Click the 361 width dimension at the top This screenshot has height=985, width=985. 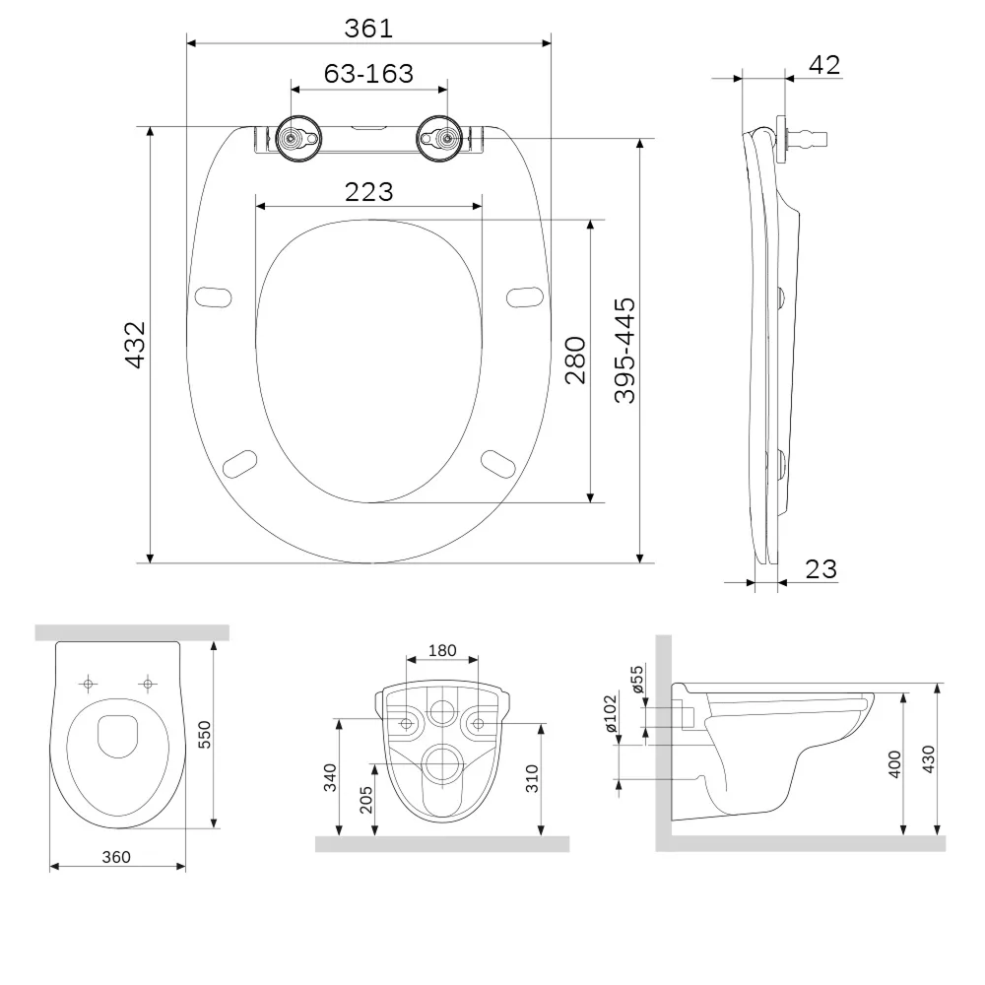(x=368, y=29)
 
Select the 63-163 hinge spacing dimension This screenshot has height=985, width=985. (x=368, y=74)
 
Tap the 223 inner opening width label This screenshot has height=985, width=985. (x=368, y=192)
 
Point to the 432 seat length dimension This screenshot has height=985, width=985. (x=136, y=345)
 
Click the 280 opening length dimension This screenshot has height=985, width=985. (x=575, y=360)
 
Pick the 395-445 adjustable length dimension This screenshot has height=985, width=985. (x=625, y=351)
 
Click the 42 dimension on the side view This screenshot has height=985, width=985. (x=824, y=65)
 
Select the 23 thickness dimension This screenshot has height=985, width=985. (x=821, y=569)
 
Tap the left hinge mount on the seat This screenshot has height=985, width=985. (x=299, y=139)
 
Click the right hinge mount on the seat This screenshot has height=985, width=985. (x=439, y=139)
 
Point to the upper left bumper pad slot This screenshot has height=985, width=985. (x=214, y=297)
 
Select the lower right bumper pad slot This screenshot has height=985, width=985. (x=498, y=464)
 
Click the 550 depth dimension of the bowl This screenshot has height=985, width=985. (x=205, y=735)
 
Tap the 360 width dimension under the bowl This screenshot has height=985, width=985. (x=116, y=857)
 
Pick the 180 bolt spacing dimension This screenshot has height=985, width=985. (x=442, y=651)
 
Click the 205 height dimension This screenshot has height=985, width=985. (x=366, y=800)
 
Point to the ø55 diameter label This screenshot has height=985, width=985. (x=637, y=679)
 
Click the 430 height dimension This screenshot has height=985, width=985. (x=929, y=758)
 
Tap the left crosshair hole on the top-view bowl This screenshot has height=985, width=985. (x=89, y=684)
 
